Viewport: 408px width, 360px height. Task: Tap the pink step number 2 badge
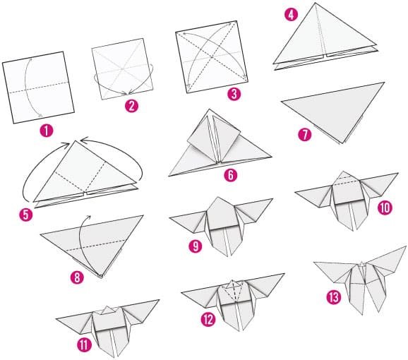[130, 106]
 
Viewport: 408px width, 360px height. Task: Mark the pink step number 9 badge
[195, 247]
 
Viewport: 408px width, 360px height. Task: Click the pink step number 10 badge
[384, 208]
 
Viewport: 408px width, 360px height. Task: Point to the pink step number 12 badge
[207, 320]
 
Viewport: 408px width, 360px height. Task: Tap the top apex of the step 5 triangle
[73, 141]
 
